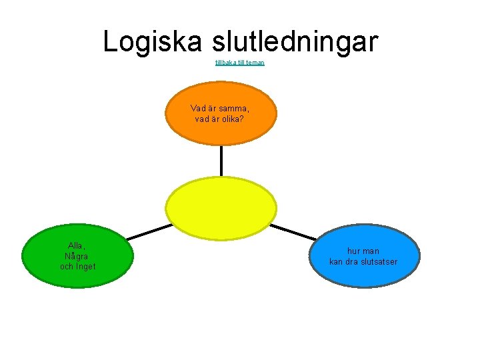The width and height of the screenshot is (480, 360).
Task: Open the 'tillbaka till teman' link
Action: (x=240, y=63)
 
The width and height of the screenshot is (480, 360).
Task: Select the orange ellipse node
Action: (x=221, y=133)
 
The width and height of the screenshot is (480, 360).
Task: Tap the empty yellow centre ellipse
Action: (x=221, y=207)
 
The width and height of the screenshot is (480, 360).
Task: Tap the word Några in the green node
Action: (x=77, y=256)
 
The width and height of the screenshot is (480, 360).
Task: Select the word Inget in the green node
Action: (x=87, y=267)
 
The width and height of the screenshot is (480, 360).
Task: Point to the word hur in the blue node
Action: (x=354, y=251)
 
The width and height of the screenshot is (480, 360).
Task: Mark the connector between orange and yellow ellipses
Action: (x=221, y=160)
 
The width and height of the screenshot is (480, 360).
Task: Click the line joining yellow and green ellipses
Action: (x=149, y=231)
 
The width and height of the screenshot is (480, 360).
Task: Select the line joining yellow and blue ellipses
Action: (x=293, y=231)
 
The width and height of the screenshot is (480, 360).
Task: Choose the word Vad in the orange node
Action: (x=198, y=108)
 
